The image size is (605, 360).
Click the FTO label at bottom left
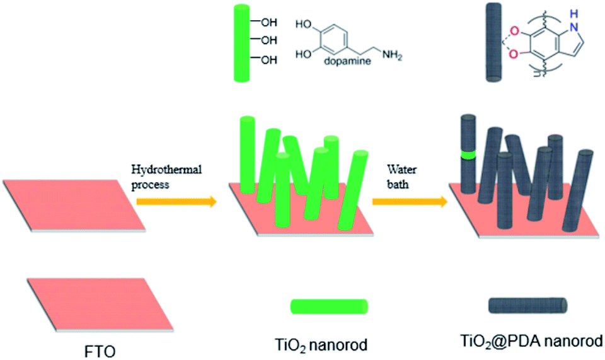point(101,348)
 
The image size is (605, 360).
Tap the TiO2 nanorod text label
point(322,345)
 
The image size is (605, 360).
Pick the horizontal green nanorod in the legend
point(329,306)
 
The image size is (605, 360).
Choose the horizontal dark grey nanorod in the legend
point(528,305)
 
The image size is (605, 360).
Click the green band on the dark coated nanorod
point(467,154)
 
